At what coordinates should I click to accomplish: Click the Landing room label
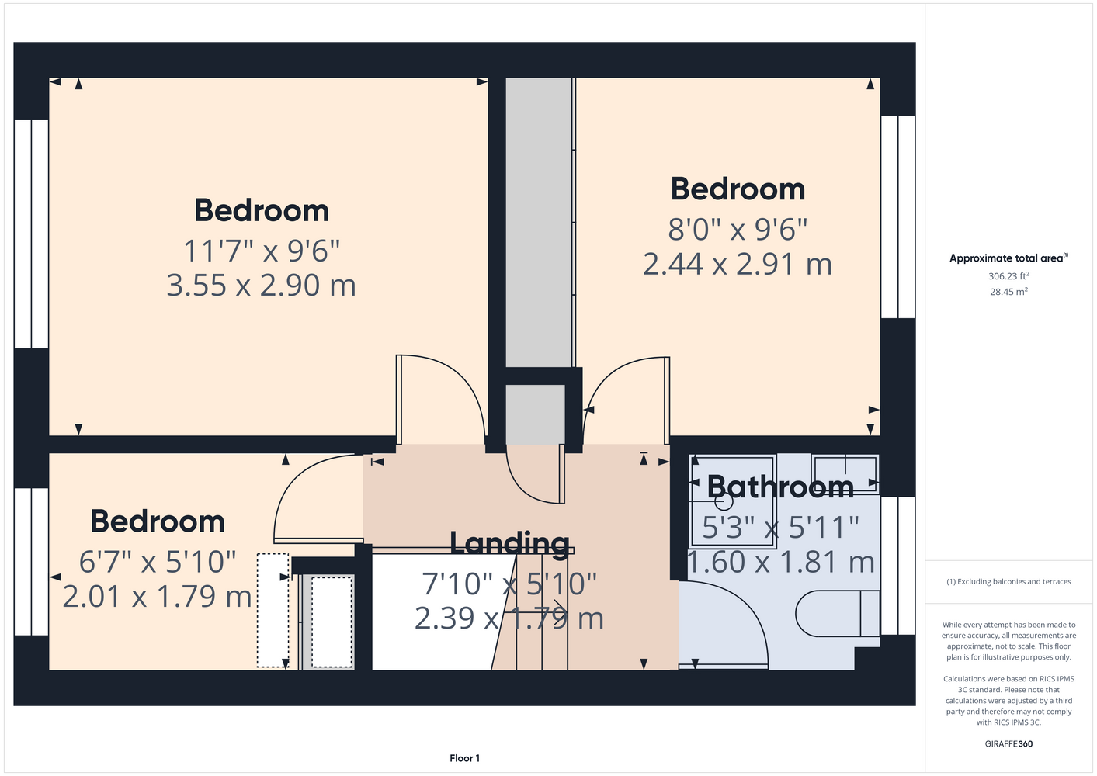click(x=510, y=544)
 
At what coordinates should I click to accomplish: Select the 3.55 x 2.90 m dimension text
click(x=261, y=286)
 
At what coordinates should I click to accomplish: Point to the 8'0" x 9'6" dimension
click(x=738, y=229)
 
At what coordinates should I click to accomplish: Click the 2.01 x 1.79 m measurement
click(x=157, y=597)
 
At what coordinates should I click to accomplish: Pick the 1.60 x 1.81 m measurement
click(x=781, y=562)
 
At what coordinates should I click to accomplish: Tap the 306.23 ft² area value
click(x=1008, y=276)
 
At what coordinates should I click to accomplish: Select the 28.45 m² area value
click(x=1008, y=292)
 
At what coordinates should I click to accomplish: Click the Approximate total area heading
click(x=1008, y=258)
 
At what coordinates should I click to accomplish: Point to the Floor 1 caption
click(x=464, y=758)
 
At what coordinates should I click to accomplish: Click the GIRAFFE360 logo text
click(x=1008, y=743)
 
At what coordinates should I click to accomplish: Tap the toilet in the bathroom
click(x=838, y=614)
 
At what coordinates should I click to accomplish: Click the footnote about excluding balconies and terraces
click(x=1008, y=582)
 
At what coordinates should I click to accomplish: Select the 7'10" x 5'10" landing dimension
click(x=509, y=584)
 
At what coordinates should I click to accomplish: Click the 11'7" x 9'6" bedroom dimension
click(x=261, y=251)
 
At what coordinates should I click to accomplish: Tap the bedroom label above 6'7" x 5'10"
click(x=157, y=521)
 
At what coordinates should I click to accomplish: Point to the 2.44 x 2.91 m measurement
click(x=738, y=265)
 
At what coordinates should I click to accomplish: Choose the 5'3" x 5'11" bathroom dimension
click(x=781, y=527)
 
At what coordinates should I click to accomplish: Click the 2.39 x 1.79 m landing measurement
click(x=509, y=618)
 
